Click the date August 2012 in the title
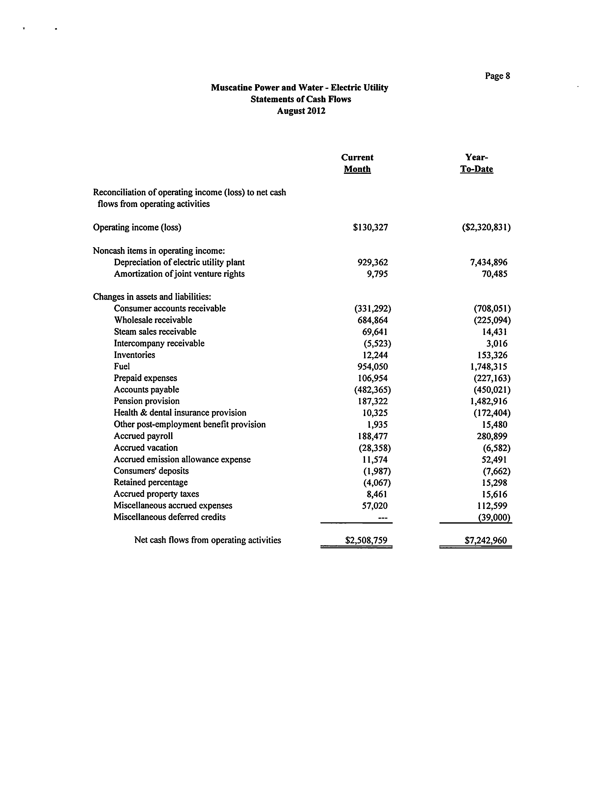(301, 111)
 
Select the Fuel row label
(122, 366)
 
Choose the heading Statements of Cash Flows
(301, 99)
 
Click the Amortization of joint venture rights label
(179, 274)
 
